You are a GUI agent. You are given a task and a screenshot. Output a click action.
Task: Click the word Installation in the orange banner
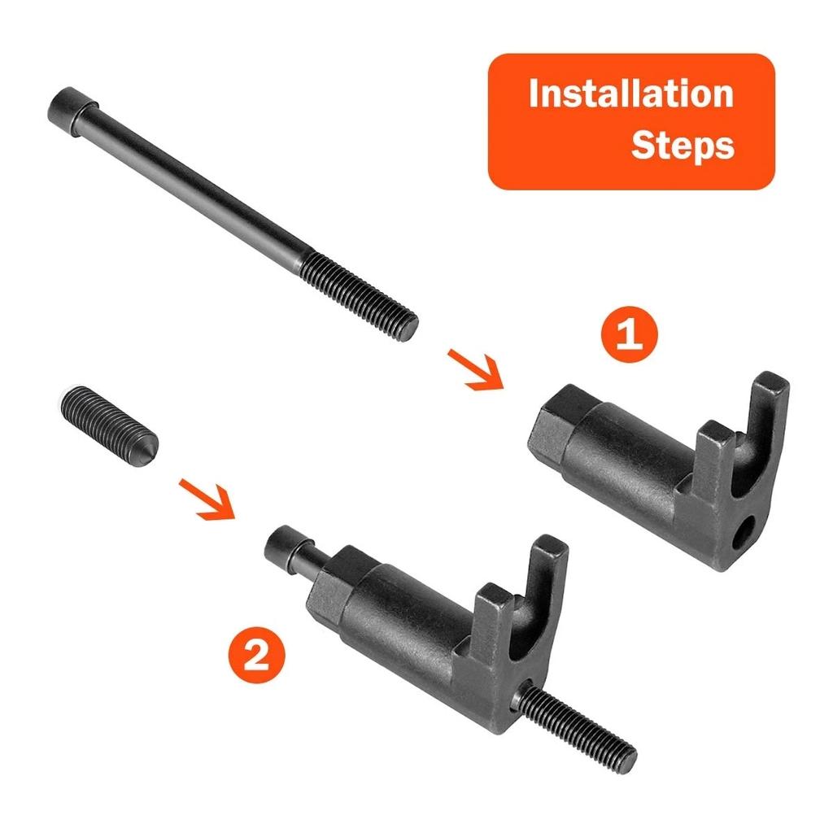coord(630,94)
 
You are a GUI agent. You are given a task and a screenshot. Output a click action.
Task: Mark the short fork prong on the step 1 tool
coord(712,456)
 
